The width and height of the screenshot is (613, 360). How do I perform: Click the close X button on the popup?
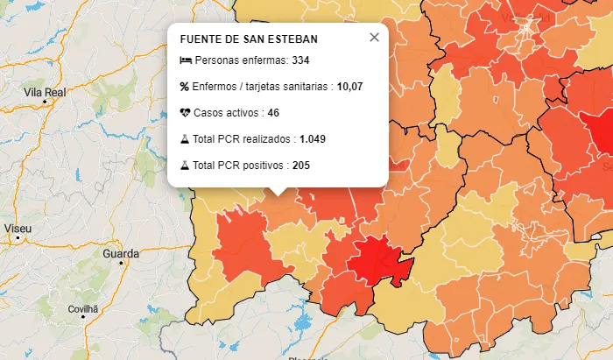point(374,37)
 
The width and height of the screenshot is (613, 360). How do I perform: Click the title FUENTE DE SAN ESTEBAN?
point(249,39)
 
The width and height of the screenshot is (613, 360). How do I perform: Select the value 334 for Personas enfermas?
point(300,60)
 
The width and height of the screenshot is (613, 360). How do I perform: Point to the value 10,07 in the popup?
point(349,87)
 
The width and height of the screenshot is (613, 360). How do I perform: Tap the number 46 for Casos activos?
point(273,113)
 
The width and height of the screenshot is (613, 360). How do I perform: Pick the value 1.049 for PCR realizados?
point(313,139)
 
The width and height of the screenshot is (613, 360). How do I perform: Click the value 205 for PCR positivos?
point(301,166)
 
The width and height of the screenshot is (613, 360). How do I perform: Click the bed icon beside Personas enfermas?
point(185,60)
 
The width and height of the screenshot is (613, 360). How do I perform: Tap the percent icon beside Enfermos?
point(185,87)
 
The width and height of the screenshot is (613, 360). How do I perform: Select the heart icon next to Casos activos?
point(185,113)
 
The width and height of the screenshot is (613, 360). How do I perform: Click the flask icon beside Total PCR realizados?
point(185,139)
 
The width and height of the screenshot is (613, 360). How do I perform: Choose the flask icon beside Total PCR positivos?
point(185,166)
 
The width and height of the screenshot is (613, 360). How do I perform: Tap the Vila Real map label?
point(46,91)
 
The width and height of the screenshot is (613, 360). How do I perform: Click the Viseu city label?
point(18,229)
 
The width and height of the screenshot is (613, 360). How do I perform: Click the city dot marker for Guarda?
point(122,263)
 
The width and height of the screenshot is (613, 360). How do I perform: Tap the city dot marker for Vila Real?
point(45,102)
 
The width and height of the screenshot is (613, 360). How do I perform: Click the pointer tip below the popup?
point(278,194)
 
